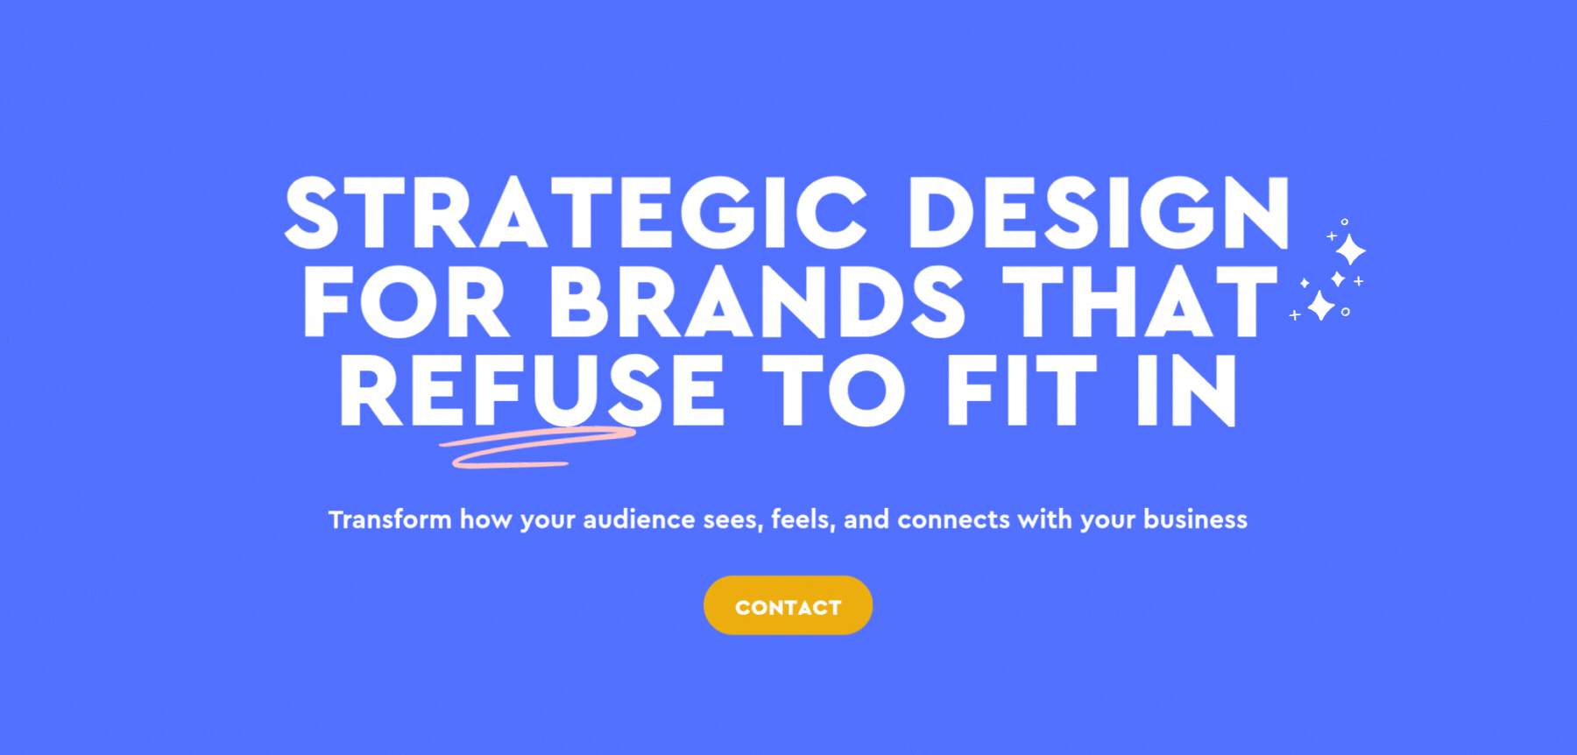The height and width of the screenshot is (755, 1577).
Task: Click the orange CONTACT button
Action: pos(788,605)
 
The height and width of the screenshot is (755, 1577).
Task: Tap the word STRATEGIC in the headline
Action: pos(576,213)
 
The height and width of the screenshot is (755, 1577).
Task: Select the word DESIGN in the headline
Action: pos(1099,213)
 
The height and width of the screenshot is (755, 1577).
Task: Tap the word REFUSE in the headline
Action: pos(532,391)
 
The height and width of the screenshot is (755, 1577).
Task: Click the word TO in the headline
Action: pos(833,391)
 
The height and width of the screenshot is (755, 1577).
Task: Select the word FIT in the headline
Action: pos(1022,391)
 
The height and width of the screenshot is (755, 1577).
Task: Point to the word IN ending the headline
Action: pos(1186,391)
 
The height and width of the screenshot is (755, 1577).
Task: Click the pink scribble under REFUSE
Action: pos(536,447)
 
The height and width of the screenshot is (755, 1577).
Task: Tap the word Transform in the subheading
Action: pos(390,519)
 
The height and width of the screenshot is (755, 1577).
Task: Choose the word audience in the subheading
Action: pos(639,519)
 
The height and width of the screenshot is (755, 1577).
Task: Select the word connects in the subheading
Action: pos(953,519)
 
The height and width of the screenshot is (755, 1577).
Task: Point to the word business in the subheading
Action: pos(1195,519)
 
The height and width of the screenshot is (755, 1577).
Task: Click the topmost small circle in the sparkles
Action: pos(1345,222)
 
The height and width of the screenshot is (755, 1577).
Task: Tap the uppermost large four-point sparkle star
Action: pos(1350,250)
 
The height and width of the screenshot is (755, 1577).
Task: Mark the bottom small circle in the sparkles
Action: pos(1346,312)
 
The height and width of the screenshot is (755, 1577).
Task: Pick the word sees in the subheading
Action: pos(733,520)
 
